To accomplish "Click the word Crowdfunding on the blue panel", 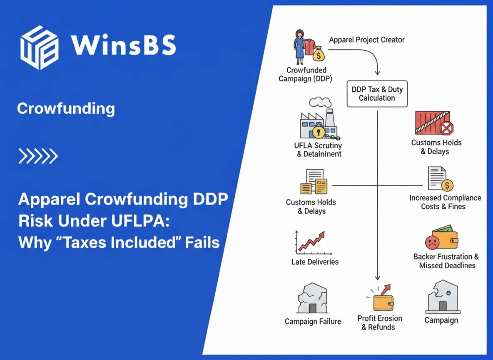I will [66, 109].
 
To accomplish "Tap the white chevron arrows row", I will [38, 156].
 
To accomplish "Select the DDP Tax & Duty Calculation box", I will [377, 94].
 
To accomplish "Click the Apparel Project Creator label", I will [366, 40].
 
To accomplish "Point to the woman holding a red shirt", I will [303, 45].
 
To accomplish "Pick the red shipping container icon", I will [433, 123].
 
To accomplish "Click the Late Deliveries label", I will [315, 262].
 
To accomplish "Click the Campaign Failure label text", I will [313, 322].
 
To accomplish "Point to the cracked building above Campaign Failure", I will [312, 299].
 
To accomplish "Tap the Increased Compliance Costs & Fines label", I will [445, 202].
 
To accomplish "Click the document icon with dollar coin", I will [440, 179].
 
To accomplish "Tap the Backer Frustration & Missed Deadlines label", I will [446, 261].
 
